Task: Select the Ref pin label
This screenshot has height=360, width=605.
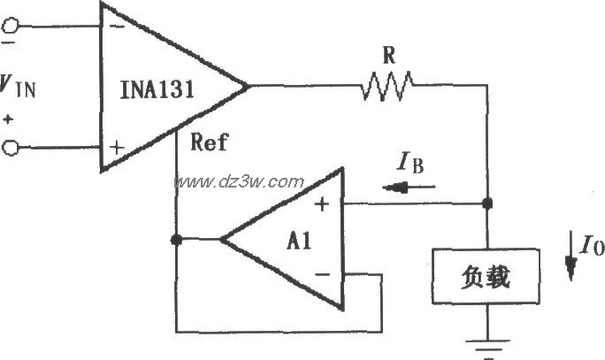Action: click(209, 142)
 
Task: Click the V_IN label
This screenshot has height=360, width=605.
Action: click(18, 88)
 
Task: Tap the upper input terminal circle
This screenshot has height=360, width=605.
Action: click(10, 26)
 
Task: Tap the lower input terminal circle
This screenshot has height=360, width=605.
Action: click(10, 149)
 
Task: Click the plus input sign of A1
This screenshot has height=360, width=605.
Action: click(322, 204)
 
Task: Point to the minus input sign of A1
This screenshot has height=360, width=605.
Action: click(322, 273)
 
